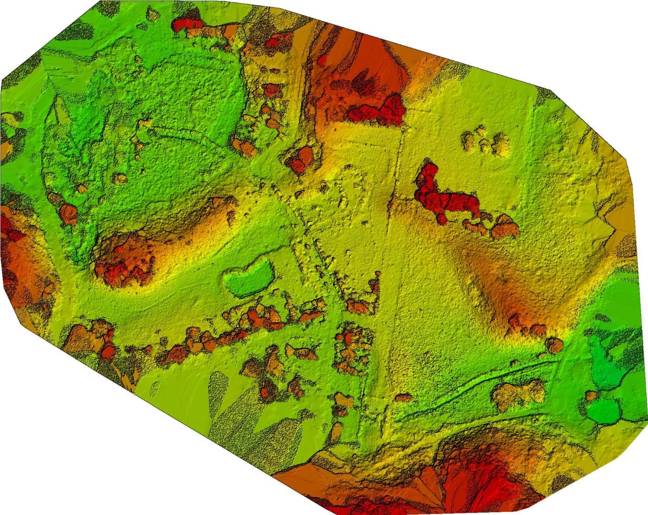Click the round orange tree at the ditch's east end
(554, 345)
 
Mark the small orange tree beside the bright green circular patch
(591, 395)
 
